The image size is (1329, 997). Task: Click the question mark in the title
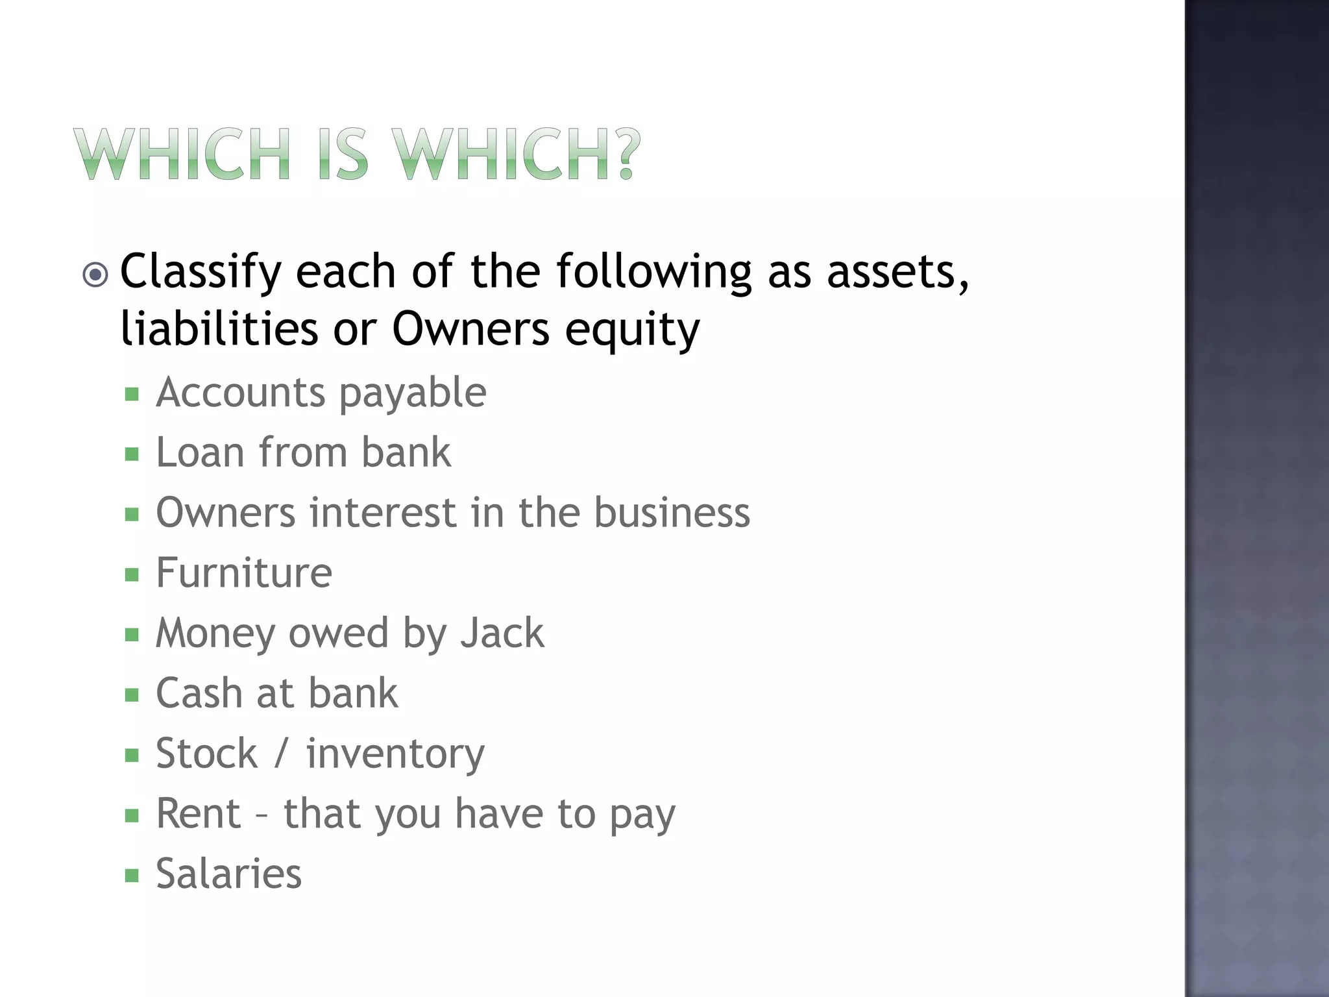point(625,154)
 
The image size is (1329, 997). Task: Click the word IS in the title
point(344,154)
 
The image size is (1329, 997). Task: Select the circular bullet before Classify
point(96,275)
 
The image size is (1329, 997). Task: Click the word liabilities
point(219,328)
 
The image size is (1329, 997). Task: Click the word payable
point(413,393)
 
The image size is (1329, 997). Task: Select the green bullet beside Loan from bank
point(132,454)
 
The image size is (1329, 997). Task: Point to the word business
point(672,513)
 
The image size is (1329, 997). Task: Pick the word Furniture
point(244,573)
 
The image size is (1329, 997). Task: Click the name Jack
point(502,633)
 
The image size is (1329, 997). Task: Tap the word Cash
point(199,693)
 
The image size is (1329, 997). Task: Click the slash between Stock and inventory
point(281,754)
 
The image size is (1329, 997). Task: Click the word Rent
point(199,813)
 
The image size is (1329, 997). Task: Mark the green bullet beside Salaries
point(132,876)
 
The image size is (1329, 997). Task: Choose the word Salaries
point(228,874)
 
